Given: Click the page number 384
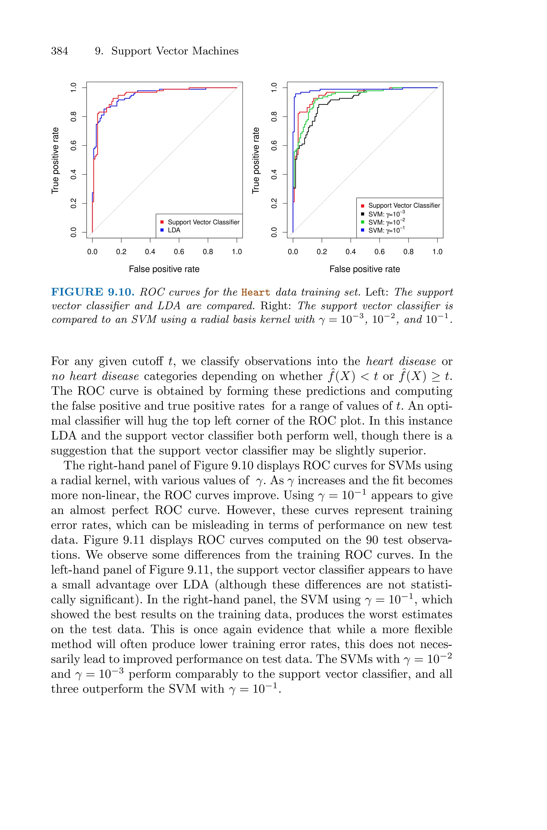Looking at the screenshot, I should point(60,51).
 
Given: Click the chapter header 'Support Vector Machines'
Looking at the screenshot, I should point(175,51).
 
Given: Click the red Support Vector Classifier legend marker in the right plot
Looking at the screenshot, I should point(363,206).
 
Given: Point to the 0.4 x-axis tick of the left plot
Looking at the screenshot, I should point(150,252).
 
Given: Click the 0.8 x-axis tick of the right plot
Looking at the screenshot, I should point(408,252).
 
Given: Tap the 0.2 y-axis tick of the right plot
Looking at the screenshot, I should point(274,203).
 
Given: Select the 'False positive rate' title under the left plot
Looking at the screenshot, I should point(164,269).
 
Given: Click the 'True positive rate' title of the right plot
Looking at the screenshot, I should point(256,160).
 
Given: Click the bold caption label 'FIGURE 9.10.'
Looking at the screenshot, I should point(93,292).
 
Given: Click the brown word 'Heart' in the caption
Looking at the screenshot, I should point(255,292).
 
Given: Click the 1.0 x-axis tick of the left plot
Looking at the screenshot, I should point(237,252).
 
